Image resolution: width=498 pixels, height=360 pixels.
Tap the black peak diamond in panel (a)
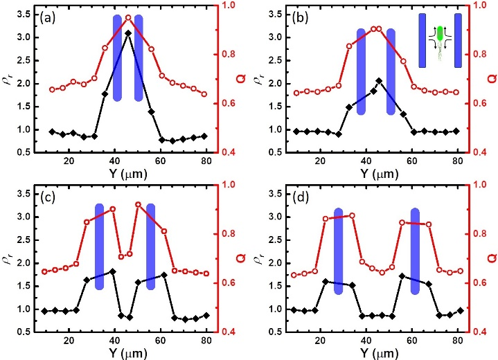[128, 33]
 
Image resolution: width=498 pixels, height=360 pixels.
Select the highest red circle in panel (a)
[128, 17]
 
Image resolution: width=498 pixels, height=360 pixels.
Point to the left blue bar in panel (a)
[117, 57]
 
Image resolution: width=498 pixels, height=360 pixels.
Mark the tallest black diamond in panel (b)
[378, 81]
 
